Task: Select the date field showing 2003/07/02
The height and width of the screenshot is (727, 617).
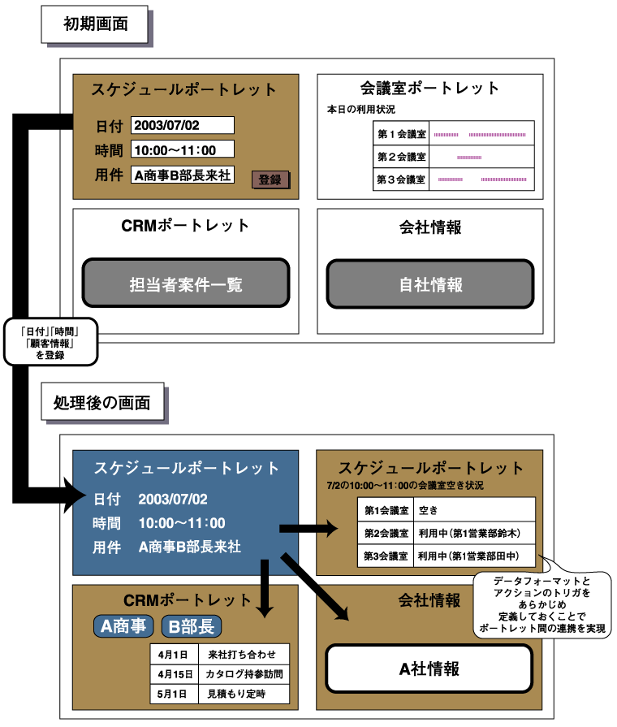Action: click(182, 125)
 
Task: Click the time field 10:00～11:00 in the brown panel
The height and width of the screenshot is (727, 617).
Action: click(182, 149)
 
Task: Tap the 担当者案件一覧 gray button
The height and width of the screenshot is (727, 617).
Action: click(186, 284)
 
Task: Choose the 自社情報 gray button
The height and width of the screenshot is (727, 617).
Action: click(430, 284)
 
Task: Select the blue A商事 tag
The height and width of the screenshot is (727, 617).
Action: click(123, 626)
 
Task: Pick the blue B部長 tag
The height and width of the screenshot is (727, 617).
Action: click(191, 626)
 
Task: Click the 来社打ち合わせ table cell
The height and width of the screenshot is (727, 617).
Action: click(243, 654)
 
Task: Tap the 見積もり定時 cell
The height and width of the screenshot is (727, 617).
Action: click(243, 695)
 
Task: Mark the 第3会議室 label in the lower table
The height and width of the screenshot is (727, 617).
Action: click(386, 556)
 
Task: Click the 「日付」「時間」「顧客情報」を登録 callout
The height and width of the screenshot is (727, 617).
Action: click(50, 341)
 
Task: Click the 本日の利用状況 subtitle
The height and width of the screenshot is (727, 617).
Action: click(360, 109)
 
